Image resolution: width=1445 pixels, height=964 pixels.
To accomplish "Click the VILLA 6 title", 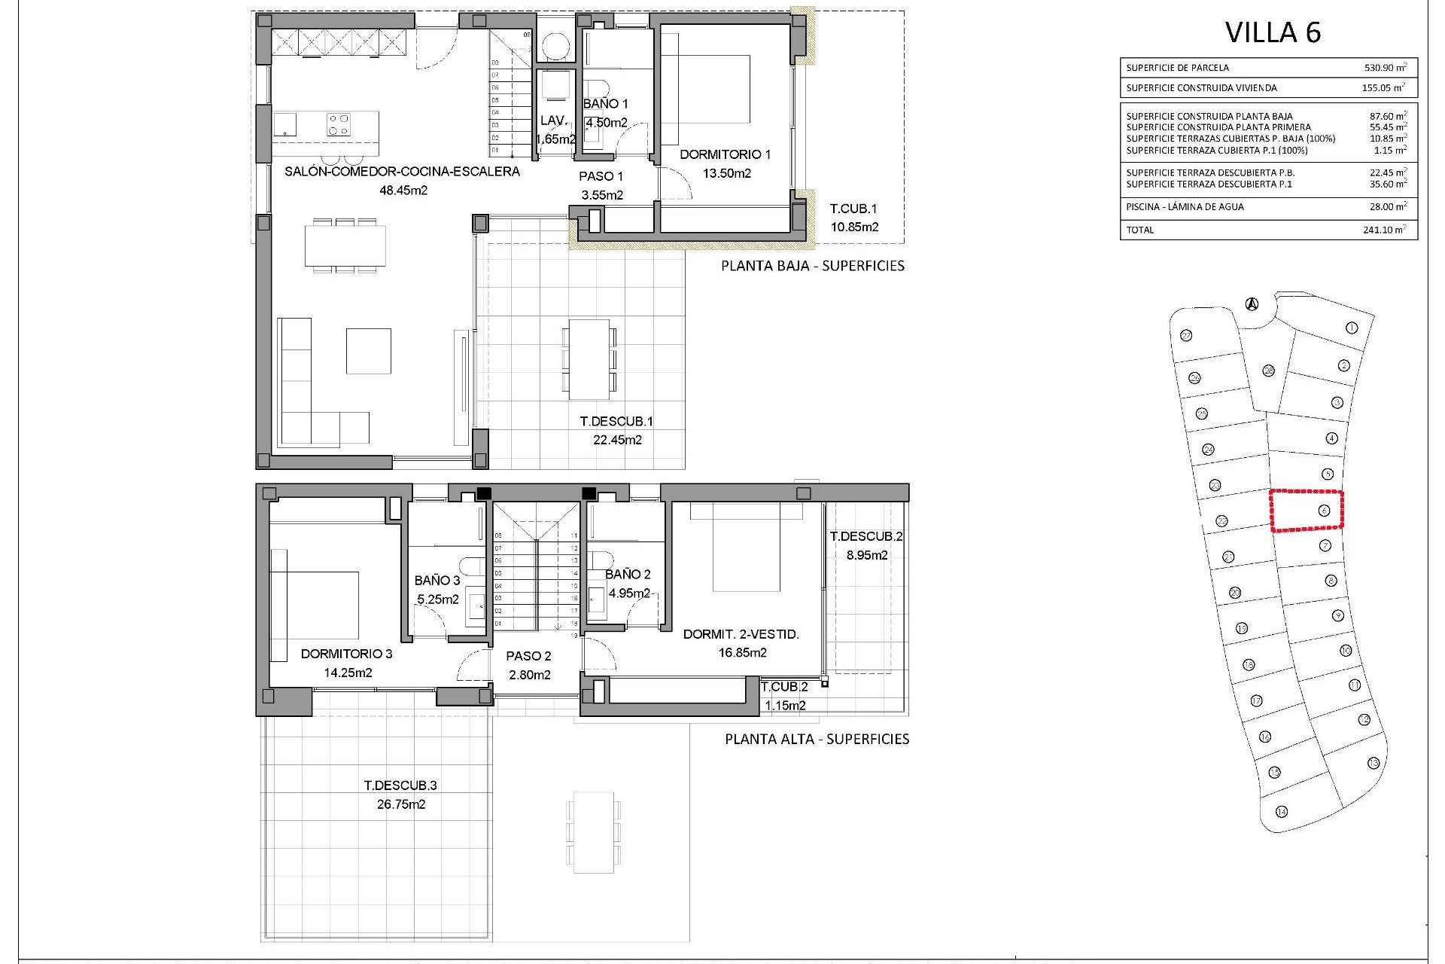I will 1273,32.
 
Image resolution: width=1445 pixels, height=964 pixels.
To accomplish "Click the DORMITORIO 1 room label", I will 725,155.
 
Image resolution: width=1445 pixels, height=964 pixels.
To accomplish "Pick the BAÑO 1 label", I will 605,104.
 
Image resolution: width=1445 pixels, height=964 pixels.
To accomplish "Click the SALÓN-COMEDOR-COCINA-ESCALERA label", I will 402,172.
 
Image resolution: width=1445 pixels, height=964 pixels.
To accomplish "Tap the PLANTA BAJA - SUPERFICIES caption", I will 812,266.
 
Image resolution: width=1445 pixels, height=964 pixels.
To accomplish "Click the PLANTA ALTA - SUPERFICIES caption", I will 817,739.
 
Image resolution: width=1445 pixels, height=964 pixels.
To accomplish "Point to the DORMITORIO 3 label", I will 346,654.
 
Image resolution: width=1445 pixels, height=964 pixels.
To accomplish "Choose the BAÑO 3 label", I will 437,581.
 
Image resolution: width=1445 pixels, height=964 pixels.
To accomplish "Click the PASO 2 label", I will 529,656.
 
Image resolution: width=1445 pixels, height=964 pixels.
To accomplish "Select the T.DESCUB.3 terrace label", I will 400,785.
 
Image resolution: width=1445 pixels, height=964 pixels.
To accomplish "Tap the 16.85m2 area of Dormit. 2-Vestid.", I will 742,653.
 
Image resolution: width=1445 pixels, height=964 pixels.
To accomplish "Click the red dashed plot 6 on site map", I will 1307,511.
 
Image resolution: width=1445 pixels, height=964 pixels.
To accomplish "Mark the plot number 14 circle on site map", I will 1282,811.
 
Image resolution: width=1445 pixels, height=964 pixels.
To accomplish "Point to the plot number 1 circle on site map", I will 1352,328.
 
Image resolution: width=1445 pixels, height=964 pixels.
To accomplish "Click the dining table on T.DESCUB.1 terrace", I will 589,359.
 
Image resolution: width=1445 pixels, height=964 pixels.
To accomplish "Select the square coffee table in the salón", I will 368,350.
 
